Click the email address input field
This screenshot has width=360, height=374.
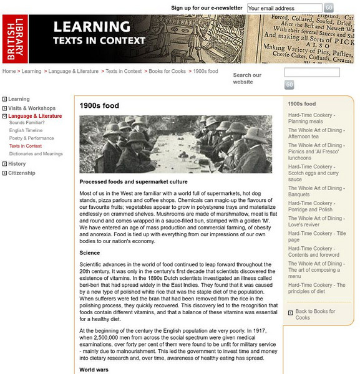[284, 8]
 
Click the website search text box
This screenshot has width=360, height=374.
[311, 72]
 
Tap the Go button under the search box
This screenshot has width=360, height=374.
[289, 85]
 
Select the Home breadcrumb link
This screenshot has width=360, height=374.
[9, 72]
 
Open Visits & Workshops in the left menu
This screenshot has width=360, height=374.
[31, 108]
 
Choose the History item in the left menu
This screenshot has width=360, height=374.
[17, 164]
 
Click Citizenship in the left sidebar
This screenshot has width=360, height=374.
[22, 173]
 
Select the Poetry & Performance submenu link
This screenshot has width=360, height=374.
[31, 138]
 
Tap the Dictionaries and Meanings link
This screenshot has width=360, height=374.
[36, 153]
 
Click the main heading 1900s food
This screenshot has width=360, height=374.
[99, 106]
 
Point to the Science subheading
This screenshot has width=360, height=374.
[90, 253]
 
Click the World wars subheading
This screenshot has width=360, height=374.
[94, 369]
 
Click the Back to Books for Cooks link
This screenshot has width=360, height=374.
[315, 314]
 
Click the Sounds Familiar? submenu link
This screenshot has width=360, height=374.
[27, 123]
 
